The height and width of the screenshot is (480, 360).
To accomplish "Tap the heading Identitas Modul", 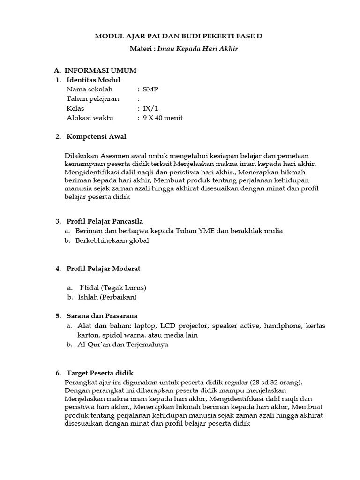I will coord(93,80).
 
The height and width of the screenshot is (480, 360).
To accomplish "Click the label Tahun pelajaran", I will coord(92,99).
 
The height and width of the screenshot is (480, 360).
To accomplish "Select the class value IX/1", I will coord(150,108).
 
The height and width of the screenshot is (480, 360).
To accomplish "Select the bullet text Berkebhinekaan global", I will coord(112,240).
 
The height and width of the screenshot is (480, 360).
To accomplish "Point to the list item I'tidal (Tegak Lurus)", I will coord(113,287).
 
